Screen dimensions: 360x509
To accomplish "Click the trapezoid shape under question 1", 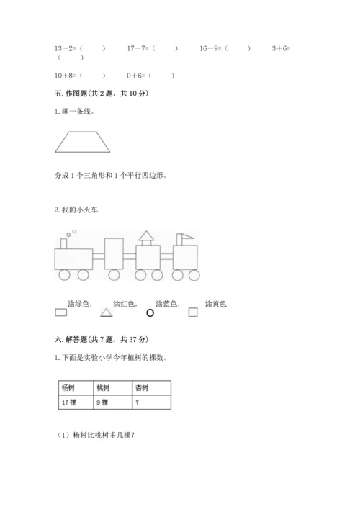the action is coord(84,141).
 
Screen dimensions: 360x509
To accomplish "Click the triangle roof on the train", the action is coord(146,235).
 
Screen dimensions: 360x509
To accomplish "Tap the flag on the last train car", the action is coord(186,235).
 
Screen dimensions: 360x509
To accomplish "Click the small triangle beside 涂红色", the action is coord(106,312).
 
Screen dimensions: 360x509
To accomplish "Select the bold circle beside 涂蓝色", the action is coord(150,312).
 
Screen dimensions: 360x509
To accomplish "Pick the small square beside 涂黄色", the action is coord(193,312).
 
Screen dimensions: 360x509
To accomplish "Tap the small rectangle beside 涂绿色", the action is coord(61,312).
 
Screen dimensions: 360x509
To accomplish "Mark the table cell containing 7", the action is coord(152,402).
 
